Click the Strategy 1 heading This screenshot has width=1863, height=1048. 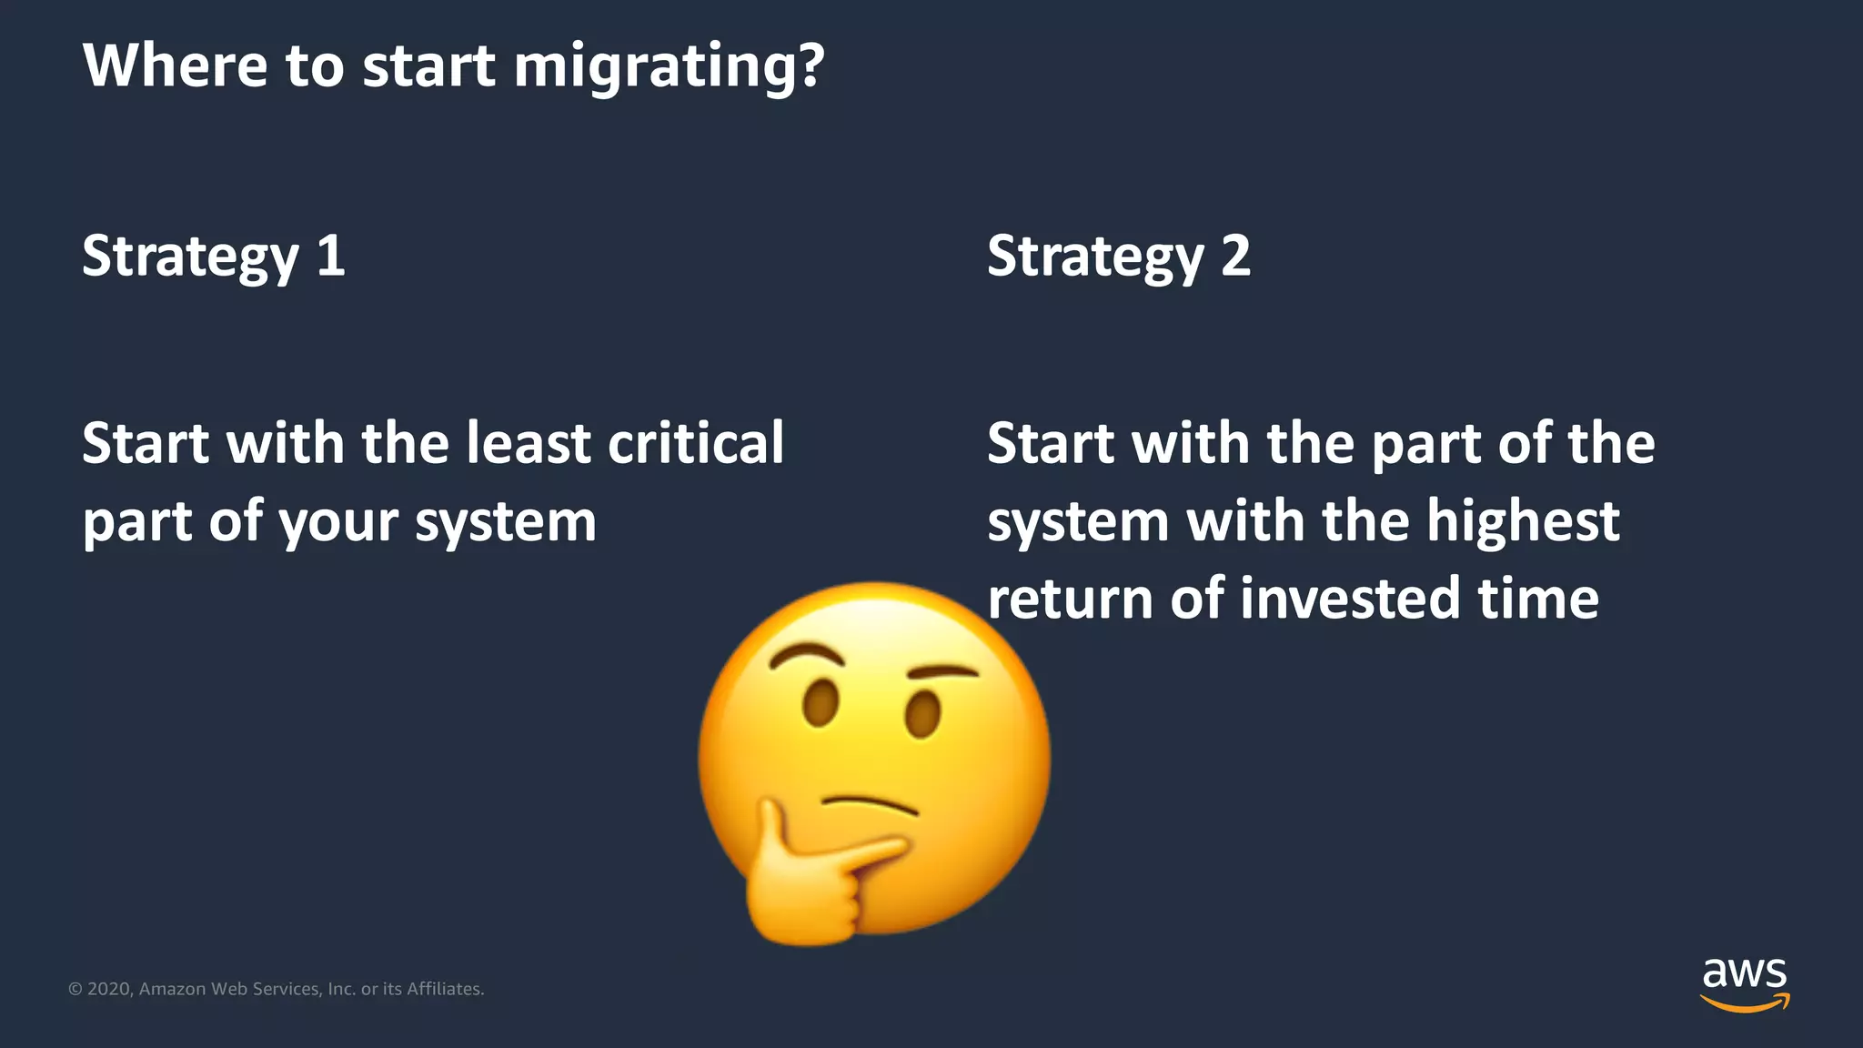click(213, 257)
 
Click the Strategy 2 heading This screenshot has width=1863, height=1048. click(1118, 257)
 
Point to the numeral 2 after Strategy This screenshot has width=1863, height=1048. click(1235, 256)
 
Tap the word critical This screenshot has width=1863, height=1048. click(695, 443)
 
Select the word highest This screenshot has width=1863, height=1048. click(1522, 521)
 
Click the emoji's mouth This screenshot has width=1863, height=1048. click(870, 804)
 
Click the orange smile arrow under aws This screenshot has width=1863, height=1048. click(1744, 1004)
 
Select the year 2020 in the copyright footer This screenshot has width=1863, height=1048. click(109, 989)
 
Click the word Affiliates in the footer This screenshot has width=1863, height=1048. click(444, 989)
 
